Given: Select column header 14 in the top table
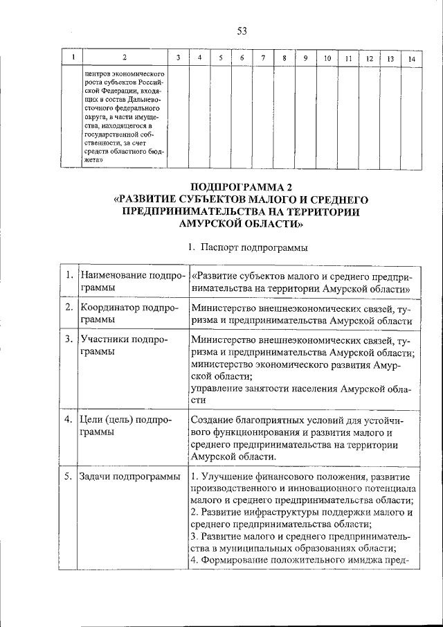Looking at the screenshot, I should pyautogui.click(x=411, y=60).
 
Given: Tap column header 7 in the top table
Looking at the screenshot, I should pyautogui.click(x=263, y=59).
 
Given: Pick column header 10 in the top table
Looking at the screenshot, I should pyautogui.click(x=327, y=59).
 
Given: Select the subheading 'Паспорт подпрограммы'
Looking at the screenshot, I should pyautogui.click(x=253, y=247).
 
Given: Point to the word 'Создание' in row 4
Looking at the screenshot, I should pyautogui.click(x=213, y=420).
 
